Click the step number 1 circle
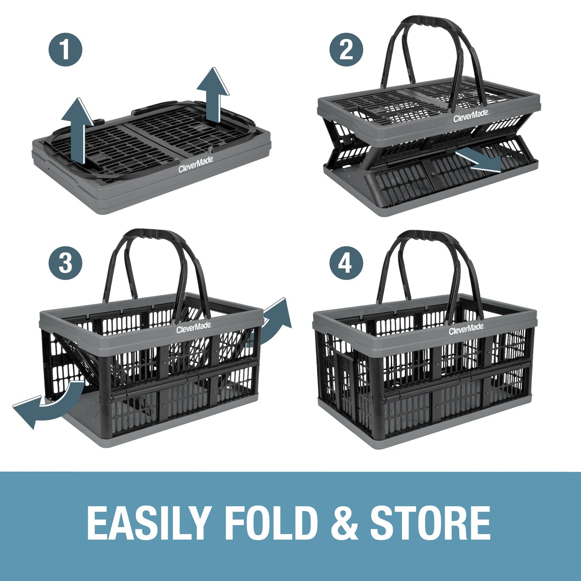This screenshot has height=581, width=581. (x=66, y=50)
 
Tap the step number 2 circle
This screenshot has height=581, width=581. (x=346, y=50)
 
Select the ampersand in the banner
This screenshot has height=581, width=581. (x=344, y=522)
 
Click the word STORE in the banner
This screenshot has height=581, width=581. (x=432, y=522)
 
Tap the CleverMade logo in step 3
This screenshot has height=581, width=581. (x=193, y=328)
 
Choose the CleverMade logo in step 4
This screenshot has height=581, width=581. (x=466, y=330)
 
